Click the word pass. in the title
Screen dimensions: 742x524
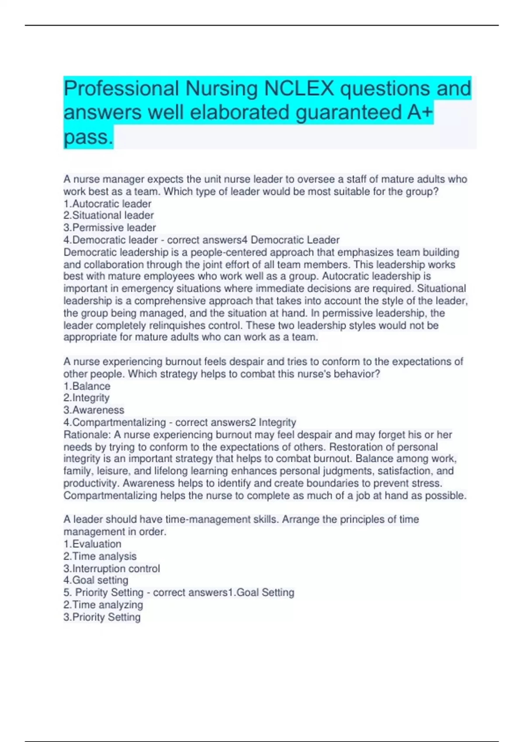[88, 137]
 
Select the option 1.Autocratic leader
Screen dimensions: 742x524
[107, 204]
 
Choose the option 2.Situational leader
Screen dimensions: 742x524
[109, 216]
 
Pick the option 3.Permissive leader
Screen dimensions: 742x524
[110, 228]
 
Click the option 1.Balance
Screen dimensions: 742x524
[87, 386]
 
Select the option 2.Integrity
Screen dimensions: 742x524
[86, 398]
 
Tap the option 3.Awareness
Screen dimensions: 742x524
[94, 410]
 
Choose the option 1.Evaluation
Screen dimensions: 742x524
[93, 544]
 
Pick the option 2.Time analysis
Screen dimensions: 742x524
[100, 556]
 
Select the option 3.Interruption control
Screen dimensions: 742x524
[112, 569]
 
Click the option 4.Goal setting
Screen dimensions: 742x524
[96, 581]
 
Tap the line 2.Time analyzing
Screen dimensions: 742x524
[103, 605]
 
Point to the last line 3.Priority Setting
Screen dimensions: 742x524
[102, 617]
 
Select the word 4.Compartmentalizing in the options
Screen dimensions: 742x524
[115, 423]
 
